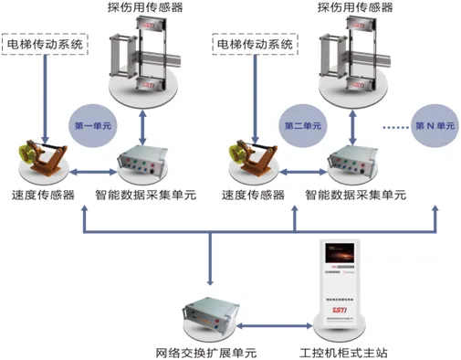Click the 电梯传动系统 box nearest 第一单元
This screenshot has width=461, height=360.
click(46, 43)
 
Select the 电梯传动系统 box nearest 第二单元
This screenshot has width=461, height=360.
click(255, 43)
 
